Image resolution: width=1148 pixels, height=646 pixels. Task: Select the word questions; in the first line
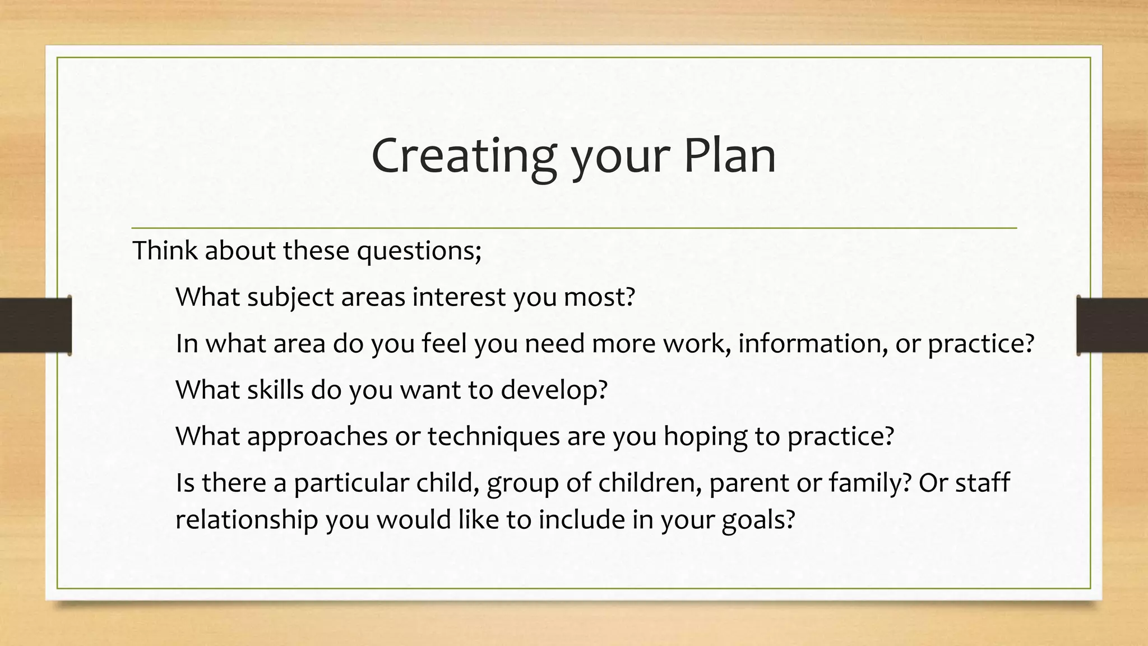(x=419, y=251)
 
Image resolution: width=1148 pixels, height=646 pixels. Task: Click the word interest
(x=459, y=297)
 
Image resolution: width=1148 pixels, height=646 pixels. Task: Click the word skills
(x=275, y=390)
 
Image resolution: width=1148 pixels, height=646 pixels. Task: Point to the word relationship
(x=247, y=520)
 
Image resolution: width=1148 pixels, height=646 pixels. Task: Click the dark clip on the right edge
(x=1112, y=325)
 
